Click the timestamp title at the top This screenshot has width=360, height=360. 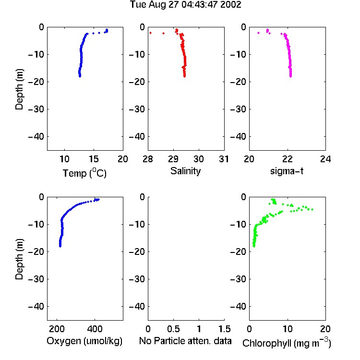click(x=185, y=4)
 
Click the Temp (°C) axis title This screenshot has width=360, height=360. click(x=84, y=173)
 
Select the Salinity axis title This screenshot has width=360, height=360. click(x=185, y=171)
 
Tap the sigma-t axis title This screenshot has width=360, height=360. click(x=287, y=171)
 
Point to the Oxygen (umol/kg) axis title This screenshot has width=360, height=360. click(x=84, y=341)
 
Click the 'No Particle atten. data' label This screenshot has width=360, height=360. click(x=185, y=341)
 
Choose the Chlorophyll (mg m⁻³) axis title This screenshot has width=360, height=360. click(x=287, y=343)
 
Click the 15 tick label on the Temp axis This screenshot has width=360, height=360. click(x=94, y=159)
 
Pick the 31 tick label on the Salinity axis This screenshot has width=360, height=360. click(x=224, y=159)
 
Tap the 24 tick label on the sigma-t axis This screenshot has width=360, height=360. click(x=325, y=159)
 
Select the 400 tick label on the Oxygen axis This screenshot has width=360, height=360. click(x=95, y=329)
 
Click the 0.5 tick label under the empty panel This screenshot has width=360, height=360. click(x=173, y=329)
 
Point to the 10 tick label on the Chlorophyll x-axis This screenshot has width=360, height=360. click(x=288, y=329)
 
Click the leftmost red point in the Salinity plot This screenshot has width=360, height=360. click(x=150, y=33)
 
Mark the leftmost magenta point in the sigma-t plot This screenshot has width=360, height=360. click(x=259, y=33)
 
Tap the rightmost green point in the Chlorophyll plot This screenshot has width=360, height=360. click(x=312, y=209)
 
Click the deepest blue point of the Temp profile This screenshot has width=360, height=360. click(x=80, y=76)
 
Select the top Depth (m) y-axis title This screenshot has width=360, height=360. click(x=19, y=89)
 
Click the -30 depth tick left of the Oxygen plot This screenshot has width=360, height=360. click(x=36, y=279)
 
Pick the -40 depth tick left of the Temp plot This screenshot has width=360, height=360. click(x=36, y=137)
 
